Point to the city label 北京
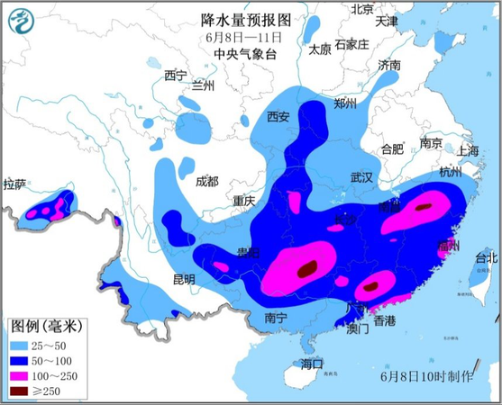coord(362,9)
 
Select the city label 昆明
coord(183,279)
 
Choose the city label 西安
coord(278,116)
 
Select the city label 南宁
coord(276,318)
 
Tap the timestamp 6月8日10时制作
coord(427,373)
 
